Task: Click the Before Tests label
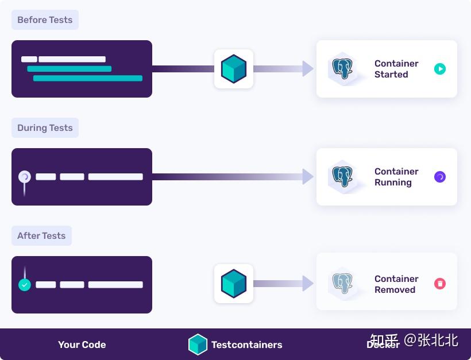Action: [45, 20]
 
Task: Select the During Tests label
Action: [45, 128]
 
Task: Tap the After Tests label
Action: [41, 236]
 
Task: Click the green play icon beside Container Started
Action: [440, 69]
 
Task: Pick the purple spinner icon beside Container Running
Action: [440, 177]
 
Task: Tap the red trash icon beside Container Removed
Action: [440, 284]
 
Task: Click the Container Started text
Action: [396, 69]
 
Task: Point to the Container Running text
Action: [396, 177]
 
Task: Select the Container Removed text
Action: [396, 284]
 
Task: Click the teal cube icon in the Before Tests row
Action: [234, 69]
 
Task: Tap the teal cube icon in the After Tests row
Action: [234, 284]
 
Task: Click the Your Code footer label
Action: [82, 345]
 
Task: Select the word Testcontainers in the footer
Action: [246, 345]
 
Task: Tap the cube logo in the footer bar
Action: [198, 344]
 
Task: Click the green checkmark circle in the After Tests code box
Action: [24, 285]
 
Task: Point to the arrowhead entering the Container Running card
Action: [308, 177]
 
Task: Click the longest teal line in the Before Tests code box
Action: [87, 78]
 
